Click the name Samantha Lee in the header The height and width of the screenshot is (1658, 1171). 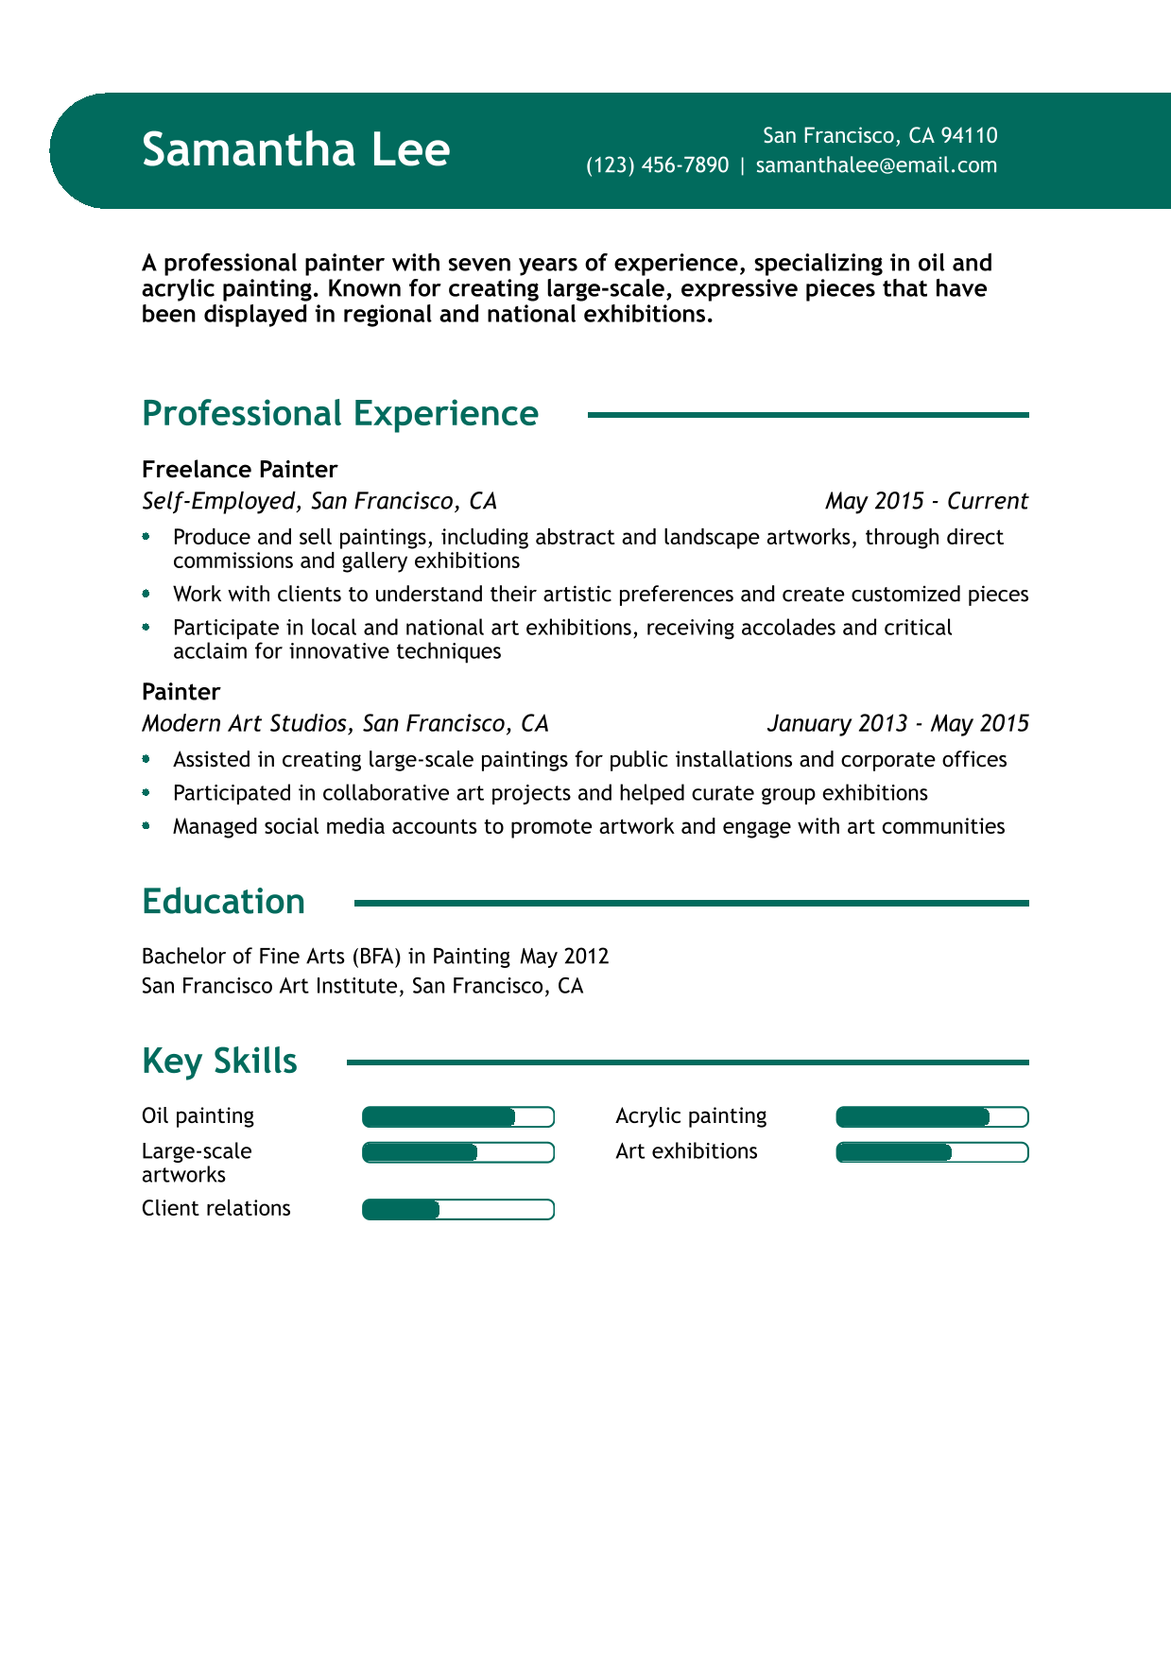click(x=296, y=150)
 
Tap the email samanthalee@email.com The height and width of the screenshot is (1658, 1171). click(x=876, y=165)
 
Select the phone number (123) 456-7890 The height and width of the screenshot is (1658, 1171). click(x=658, y=165)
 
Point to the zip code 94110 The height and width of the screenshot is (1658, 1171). click(x=969, y=136)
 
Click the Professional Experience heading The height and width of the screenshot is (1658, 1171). click(x=340, y=414)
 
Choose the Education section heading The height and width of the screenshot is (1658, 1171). click(x=223, y=902)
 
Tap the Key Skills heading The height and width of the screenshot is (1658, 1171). click(x=219, y=1061)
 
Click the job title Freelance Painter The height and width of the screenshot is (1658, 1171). click(x=239, y=470)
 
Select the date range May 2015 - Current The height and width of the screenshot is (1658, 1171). click(x=926, y=501)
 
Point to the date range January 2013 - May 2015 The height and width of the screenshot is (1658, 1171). click(x=898, y=723)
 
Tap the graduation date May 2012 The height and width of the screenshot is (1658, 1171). click(x=564, y=956)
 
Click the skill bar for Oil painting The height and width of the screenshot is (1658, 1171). click(x=458, y=1117)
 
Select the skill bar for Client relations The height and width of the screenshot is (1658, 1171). click(x=458, y=1210)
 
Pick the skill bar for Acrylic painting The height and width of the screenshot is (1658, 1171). click(x=932, y=1117)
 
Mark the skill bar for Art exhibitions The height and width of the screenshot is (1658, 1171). click(x=932, y=1152)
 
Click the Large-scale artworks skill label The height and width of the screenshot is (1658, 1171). click(x=197, y=1163)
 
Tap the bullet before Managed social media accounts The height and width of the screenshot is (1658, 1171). click(x=146, y=826)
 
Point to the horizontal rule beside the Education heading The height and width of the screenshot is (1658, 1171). click(x=691, y=904)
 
